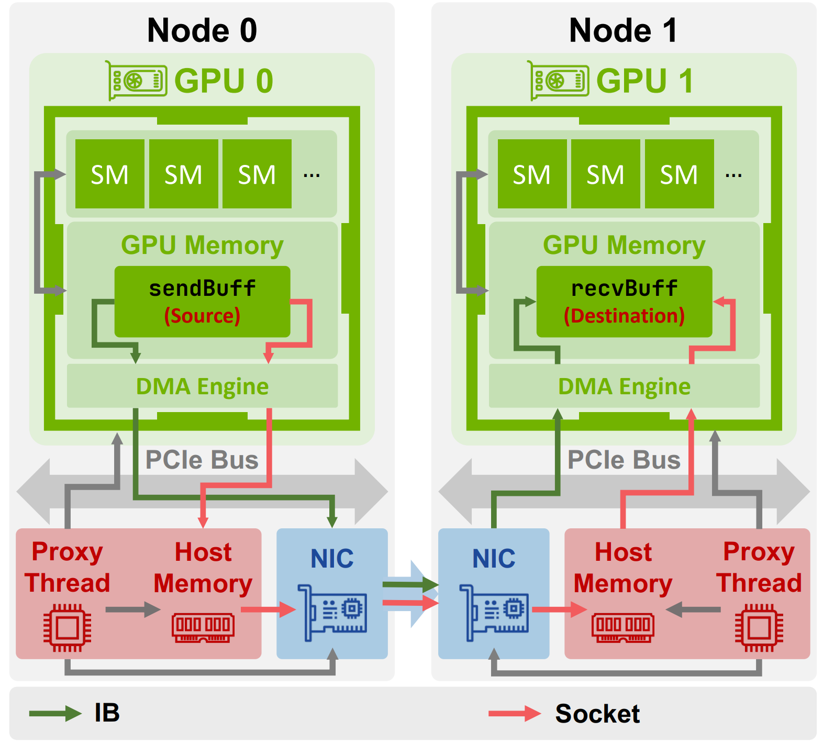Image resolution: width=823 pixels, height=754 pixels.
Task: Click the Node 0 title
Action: [x=202, y=30]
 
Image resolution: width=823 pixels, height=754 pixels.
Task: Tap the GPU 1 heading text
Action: [x=644, y=81]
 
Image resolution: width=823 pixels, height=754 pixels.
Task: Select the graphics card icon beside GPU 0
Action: [x=138, y=81]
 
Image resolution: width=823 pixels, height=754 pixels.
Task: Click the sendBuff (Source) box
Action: [x=202, y=302]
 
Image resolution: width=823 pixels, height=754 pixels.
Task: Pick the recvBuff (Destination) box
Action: [x=624, y=302]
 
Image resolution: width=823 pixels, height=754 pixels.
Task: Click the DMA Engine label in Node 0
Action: [x=202, y=386]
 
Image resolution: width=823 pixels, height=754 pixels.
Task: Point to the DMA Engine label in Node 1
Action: [x=624, y=386]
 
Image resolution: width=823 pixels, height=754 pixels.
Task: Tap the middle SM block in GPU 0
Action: [x=183, y=174]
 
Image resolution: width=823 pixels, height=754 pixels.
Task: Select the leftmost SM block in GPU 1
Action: [x=532, y=174]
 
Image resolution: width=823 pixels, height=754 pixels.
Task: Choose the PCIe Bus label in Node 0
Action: [x=202, y=460]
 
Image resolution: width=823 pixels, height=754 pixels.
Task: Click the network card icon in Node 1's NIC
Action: [x=495, y=613]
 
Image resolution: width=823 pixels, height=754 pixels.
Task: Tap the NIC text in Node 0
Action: [x=332, y=559]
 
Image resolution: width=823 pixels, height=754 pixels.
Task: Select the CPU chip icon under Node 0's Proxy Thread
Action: [x=67, y=627]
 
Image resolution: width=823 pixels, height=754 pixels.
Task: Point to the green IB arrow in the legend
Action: [x=54, y=713]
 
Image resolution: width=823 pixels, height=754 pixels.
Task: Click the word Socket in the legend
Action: [x=597, y=714]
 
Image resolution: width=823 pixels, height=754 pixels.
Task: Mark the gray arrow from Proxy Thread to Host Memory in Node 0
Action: [x=132, y=609]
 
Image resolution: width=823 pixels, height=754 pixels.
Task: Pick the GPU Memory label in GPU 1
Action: [x=624, y=245]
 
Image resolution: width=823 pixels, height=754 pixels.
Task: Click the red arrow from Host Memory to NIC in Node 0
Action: [x=268, y=609]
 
